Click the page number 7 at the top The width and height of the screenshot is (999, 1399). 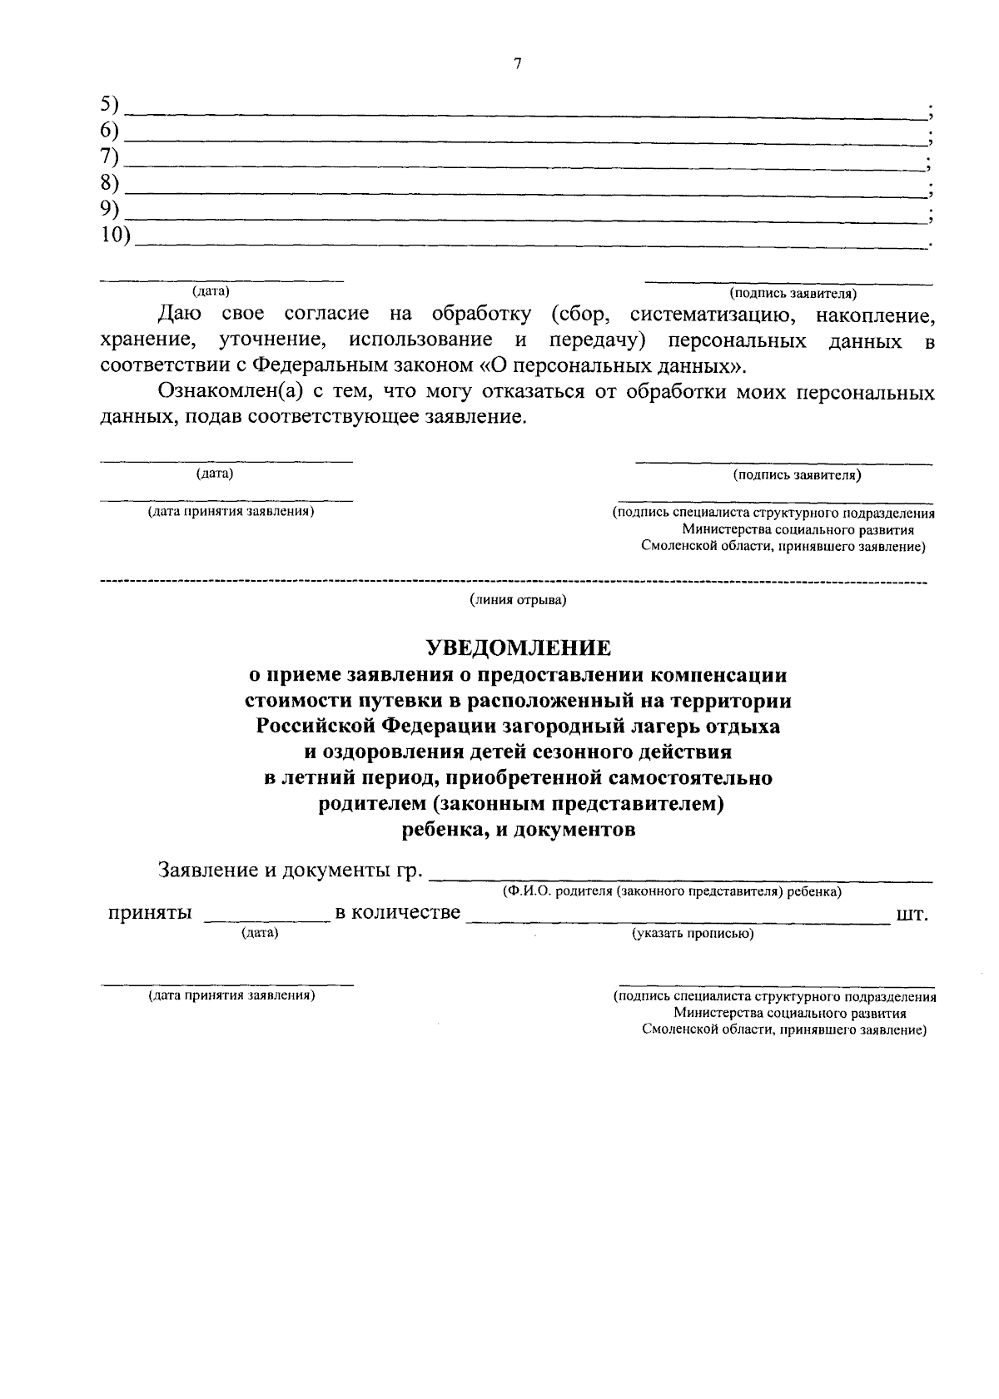[517, 64]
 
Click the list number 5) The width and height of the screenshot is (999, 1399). [110, 105]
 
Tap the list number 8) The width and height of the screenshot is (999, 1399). [110, 183]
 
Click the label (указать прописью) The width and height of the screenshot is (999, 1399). [693, 934]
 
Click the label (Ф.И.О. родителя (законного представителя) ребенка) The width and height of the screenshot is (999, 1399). [671, 891]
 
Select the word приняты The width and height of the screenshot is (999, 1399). [151, 913]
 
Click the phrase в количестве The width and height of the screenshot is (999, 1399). [397, 913]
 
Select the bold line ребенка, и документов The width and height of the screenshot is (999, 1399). [518, 830]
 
